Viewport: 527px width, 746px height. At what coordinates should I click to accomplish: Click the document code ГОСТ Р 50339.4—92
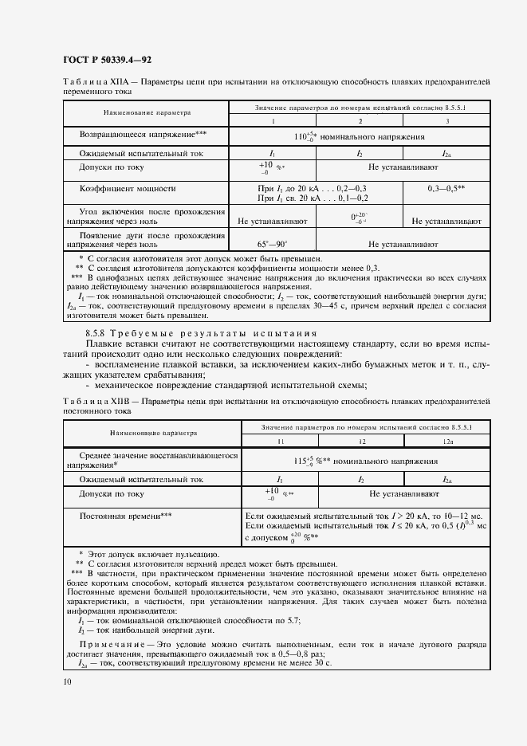(108, 59)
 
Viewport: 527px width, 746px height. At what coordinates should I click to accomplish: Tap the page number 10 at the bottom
(66, 681)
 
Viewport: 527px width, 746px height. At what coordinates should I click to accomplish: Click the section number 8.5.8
(97, 332)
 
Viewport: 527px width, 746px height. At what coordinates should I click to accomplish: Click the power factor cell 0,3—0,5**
(446, 189)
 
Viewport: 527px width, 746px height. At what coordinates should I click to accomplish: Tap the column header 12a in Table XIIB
(446, 440)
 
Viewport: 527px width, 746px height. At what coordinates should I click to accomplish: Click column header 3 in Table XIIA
(446, 120)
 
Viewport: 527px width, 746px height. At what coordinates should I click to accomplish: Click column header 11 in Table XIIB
(280, 440)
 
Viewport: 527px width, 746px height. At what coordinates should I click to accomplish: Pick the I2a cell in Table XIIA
(446, 153)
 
